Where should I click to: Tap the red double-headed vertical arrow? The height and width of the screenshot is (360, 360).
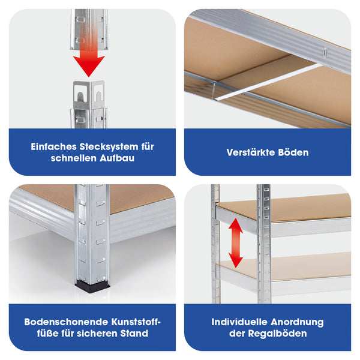(236, 243)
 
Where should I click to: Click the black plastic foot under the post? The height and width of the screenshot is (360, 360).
(92, 286)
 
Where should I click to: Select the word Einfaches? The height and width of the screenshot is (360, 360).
(54, 147)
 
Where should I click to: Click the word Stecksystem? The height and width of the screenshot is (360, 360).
(109, 147)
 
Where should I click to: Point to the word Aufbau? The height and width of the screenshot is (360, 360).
(117, 158)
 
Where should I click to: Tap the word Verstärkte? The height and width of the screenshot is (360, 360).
(251, 152)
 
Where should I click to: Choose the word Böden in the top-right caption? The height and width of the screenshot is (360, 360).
(293, 152)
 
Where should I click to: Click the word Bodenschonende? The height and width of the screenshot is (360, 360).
(67, 322)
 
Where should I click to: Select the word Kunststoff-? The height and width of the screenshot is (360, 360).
(136, 322)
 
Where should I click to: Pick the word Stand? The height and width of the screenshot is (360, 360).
(134, 334)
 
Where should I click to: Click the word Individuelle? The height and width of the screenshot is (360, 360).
(239, 322)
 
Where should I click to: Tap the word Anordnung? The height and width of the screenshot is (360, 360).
(297, 322)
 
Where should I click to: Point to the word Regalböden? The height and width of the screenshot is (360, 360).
(278, 334)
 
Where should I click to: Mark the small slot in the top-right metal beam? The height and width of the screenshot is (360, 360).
(325, 53)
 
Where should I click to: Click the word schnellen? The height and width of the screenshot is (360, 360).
(74, 158)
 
